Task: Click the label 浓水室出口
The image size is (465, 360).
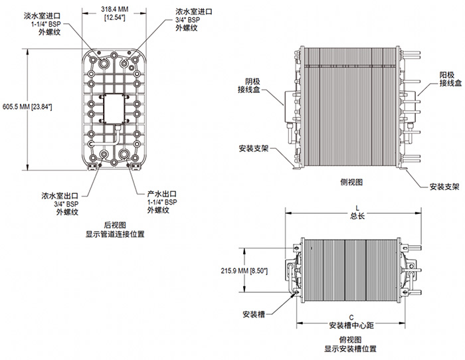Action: click(x=57, y=195)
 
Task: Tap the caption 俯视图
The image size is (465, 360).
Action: click(x=354, y=337)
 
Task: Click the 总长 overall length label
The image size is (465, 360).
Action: click(x=357, y=216)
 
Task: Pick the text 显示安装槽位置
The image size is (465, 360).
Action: click(x=354, y=347)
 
